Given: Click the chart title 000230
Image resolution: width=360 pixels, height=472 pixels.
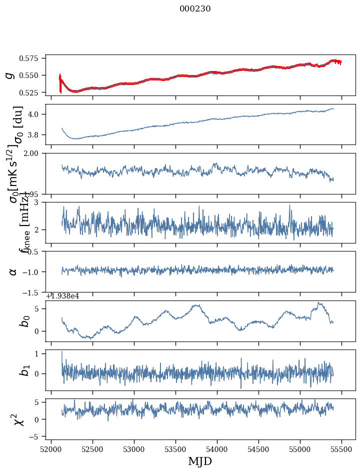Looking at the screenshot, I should [x=195, y=9].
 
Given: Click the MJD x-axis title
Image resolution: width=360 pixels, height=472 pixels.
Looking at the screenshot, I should [x=200, y=461].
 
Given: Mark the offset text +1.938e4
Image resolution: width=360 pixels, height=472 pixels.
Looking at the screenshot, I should [x=62, y=296].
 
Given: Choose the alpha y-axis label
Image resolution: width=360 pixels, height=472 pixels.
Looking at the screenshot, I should [x=13, y=271].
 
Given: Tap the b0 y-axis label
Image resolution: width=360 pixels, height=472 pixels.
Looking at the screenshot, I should [x=24, y=320].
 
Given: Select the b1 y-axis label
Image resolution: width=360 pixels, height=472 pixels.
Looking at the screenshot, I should [x=24, y=370].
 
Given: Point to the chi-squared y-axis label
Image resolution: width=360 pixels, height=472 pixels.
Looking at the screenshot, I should [x=19, y=419].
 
